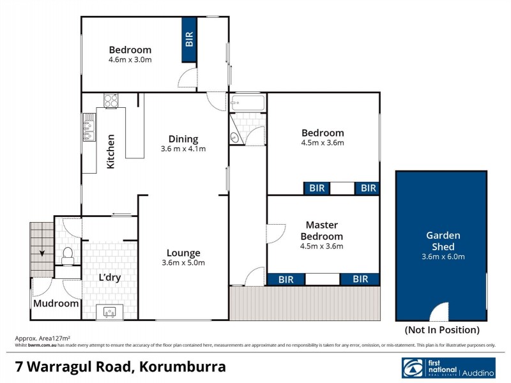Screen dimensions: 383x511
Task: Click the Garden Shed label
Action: [441, 241]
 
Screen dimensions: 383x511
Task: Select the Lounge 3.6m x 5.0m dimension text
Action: [183, 262]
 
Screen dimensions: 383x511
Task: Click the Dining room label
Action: [183, 139]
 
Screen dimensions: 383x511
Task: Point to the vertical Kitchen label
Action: [111, 152]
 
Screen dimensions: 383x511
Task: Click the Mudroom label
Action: [56, 304]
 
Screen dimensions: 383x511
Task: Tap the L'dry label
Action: [109, 278]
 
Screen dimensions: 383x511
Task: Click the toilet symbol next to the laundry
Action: [67, 255]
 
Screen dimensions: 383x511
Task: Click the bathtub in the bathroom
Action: [245, 102]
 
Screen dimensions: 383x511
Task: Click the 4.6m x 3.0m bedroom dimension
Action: [130, 60]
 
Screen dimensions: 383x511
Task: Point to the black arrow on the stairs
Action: [42, 253]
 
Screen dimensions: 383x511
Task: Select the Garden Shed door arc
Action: [440, 313]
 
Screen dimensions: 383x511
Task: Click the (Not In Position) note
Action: [442, 330]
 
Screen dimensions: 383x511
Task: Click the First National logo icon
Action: [411, 368]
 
